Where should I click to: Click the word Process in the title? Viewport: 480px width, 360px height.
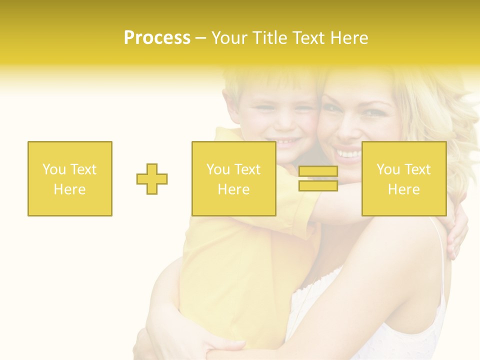pyautogui.click(x=157, y=38)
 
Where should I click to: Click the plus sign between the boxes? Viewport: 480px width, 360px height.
pyautogui.click(x=152, y=179)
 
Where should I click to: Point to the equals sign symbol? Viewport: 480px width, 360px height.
pyautogui.click(x=318, y=178)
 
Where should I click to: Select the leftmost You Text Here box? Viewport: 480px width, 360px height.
pyautogui.click(x=70, y=178)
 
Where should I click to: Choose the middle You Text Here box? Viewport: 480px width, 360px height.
pyautogui.click(x=233, y=178)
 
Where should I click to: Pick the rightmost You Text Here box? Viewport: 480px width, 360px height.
pyautogui.click(x=403, y=178)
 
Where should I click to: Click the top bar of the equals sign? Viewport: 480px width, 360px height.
pyautogui.click(x=318, y=171)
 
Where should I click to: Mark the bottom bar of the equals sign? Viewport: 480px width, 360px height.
pyautogui.click(x=318, y=185)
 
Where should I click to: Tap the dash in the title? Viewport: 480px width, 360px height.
pyautogui.click(x=201, y=38)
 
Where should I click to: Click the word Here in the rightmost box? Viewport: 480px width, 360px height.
pyautogui.click(x=403, y=189)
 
